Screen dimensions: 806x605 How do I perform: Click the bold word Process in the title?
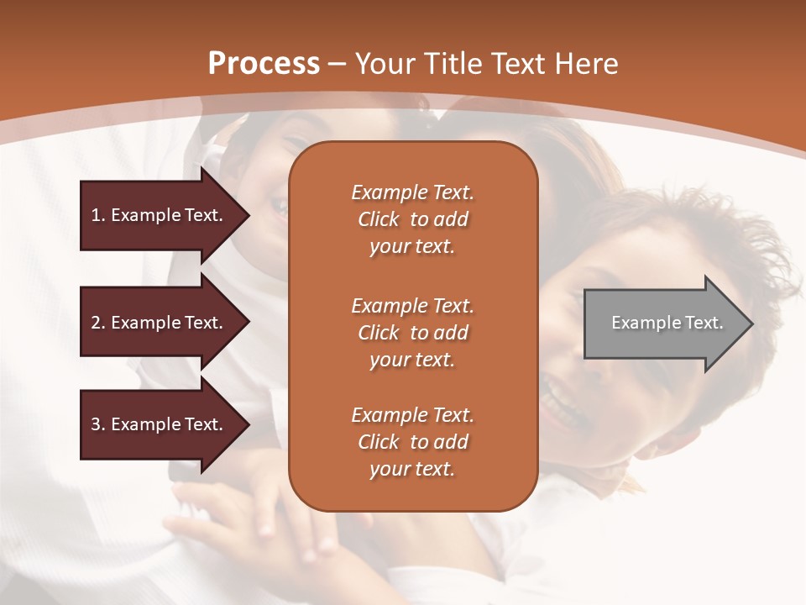pyautogui.click(x=264, y=64)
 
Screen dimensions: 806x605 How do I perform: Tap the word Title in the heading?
pyautogui.click(x=453, y=64)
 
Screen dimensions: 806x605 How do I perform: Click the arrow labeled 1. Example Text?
pyautogui.click(x=165, y=216)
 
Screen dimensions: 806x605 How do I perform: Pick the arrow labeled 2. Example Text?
pyautogui.click(x=165, y=322)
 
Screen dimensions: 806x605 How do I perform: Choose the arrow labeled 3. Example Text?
pyautogui.click(x=165, y=424)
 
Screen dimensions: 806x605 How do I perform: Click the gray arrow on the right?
pyautogui.click(x=668, y=324)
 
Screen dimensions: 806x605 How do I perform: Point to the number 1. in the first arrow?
pyautogui.click(x=98, y=215)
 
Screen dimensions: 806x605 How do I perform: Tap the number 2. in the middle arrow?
pyautogui.click(x=98, y=323)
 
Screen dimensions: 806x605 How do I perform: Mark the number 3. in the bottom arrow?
pyautogui.click(x=98, y=424)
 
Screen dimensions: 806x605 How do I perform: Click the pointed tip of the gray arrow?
pyautogui.click(x=753, y=324)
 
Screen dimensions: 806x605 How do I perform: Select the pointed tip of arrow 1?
pyautogui.click(x=249, y=216)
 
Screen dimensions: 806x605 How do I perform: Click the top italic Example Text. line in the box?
pyautogui.click(x=413, y=192)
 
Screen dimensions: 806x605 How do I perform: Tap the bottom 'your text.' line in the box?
pyautogui.click(x=412, y=469)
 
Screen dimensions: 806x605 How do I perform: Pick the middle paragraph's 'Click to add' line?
pyautogui.click(x=413, y=333)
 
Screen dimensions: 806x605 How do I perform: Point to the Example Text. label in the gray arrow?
pyautogui.click(x=667, y=323)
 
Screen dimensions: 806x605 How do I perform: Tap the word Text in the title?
pyautogui.click(x=519, y=64)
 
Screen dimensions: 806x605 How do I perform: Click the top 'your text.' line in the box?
pyautogui.click(x=412, y=247)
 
